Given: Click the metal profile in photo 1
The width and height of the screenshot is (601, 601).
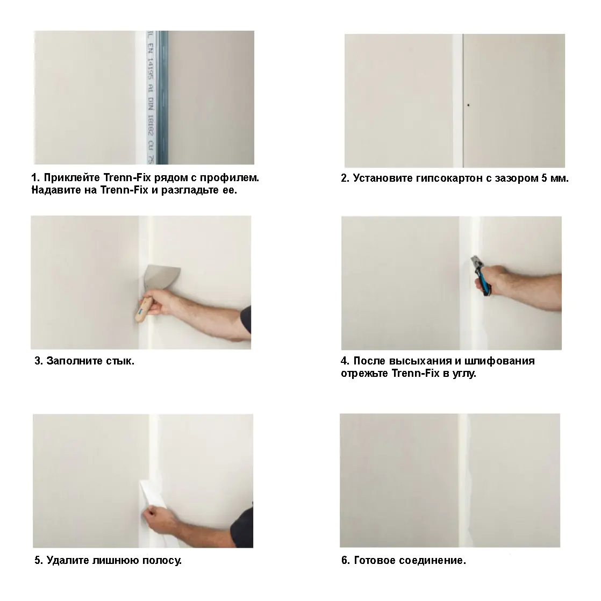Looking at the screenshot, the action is coord(157,97).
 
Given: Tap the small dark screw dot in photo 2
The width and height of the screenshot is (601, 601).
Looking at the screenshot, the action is coord(468,105).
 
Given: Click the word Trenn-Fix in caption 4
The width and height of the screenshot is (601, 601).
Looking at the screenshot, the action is coord(416,373).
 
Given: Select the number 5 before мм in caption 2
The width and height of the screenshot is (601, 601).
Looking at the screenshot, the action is coord(544,178).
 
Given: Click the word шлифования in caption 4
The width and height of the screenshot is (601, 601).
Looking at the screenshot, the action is coord(499,361).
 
